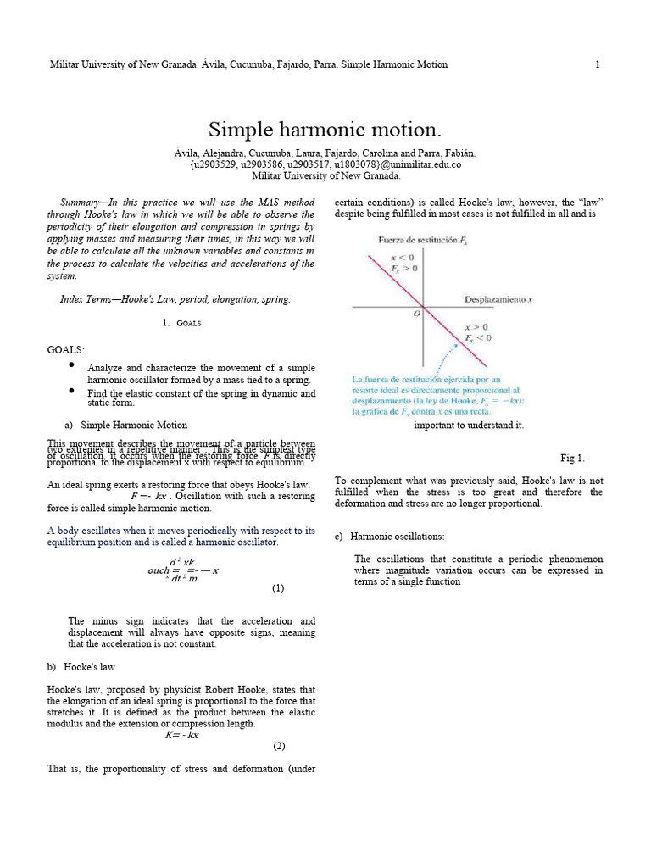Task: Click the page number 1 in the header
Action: (x=598, y=64)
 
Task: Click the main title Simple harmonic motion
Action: (x=325, y=130)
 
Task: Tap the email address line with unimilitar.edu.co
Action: (x=325, y=164)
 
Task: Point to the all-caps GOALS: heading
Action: (x=66, y=349)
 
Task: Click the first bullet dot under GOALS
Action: (x=72, y=365)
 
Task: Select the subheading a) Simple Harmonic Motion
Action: (x=125, y=425)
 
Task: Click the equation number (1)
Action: (x=278, y=587)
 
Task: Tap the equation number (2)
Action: (x=279, y=746)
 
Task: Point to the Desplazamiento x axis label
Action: (x=498, y=299)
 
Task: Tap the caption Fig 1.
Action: (x=573, y=459)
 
